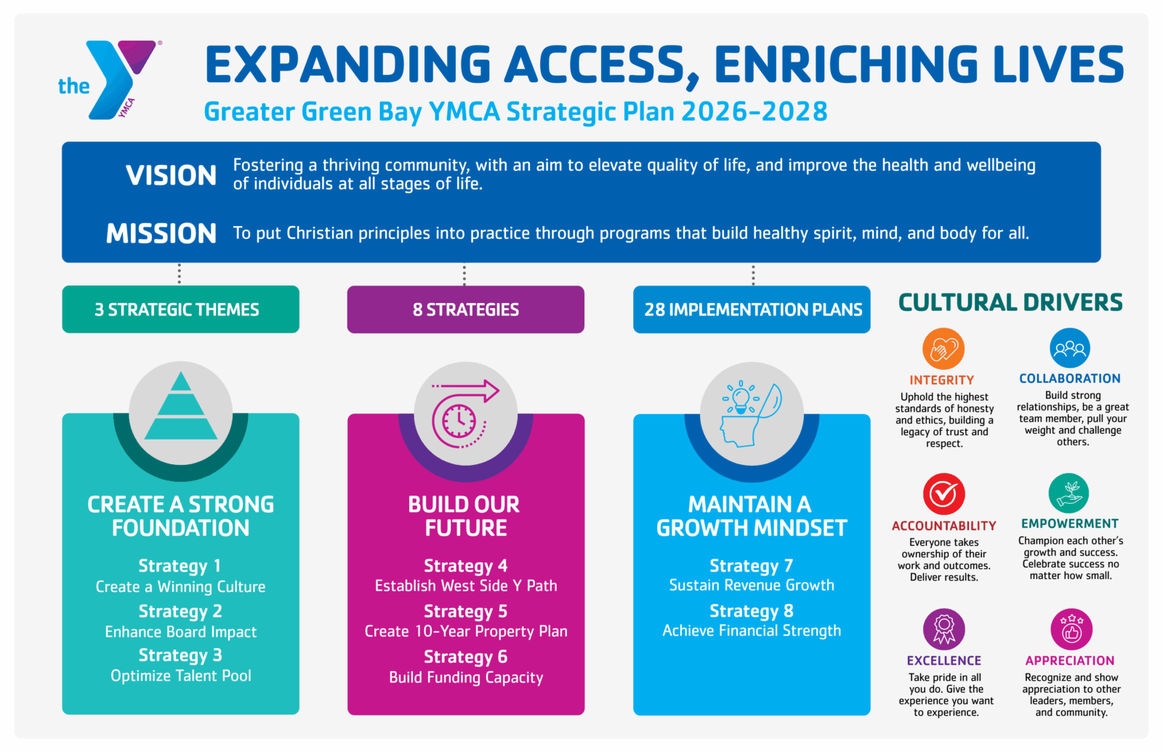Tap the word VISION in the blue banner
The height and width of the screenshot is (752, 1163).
171,175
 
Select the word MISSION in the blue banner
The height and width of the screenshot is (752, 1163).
161,233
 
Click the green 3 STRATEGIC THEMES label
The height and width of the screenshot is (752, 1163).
181,310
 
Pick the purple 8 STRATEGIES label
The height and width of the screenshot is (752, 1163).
466,310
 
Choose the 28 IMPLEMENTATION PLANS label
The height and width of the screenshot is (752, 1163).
752,310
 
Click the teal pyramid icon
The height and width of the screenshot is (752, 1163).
181,406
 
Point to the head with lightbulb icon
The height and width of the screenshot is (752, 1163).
752,414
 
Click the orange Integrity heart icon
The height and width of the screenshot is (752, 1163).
943,348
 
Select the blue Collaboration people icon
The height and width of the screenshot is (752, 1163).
1069,348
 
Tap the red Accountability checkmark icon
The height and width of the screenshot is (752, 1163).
944,493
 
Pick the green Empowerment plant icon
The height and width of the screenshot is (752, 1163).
1069,493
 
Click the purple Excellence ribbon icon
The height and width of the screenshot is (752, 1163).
944,629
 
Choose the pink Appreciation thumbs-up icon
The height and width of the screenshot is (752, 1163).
1071,629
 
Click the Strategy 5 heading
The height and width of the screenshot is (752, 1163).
466,611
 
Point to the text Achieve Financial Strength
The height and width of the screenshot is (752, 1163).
752,631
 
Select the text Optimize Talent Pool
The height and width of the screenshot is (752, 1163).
181,676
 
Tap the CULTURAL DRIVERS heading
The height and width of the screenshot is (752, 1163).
1010,302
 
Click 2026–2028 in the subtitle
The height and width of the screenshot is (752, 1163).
754,112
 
